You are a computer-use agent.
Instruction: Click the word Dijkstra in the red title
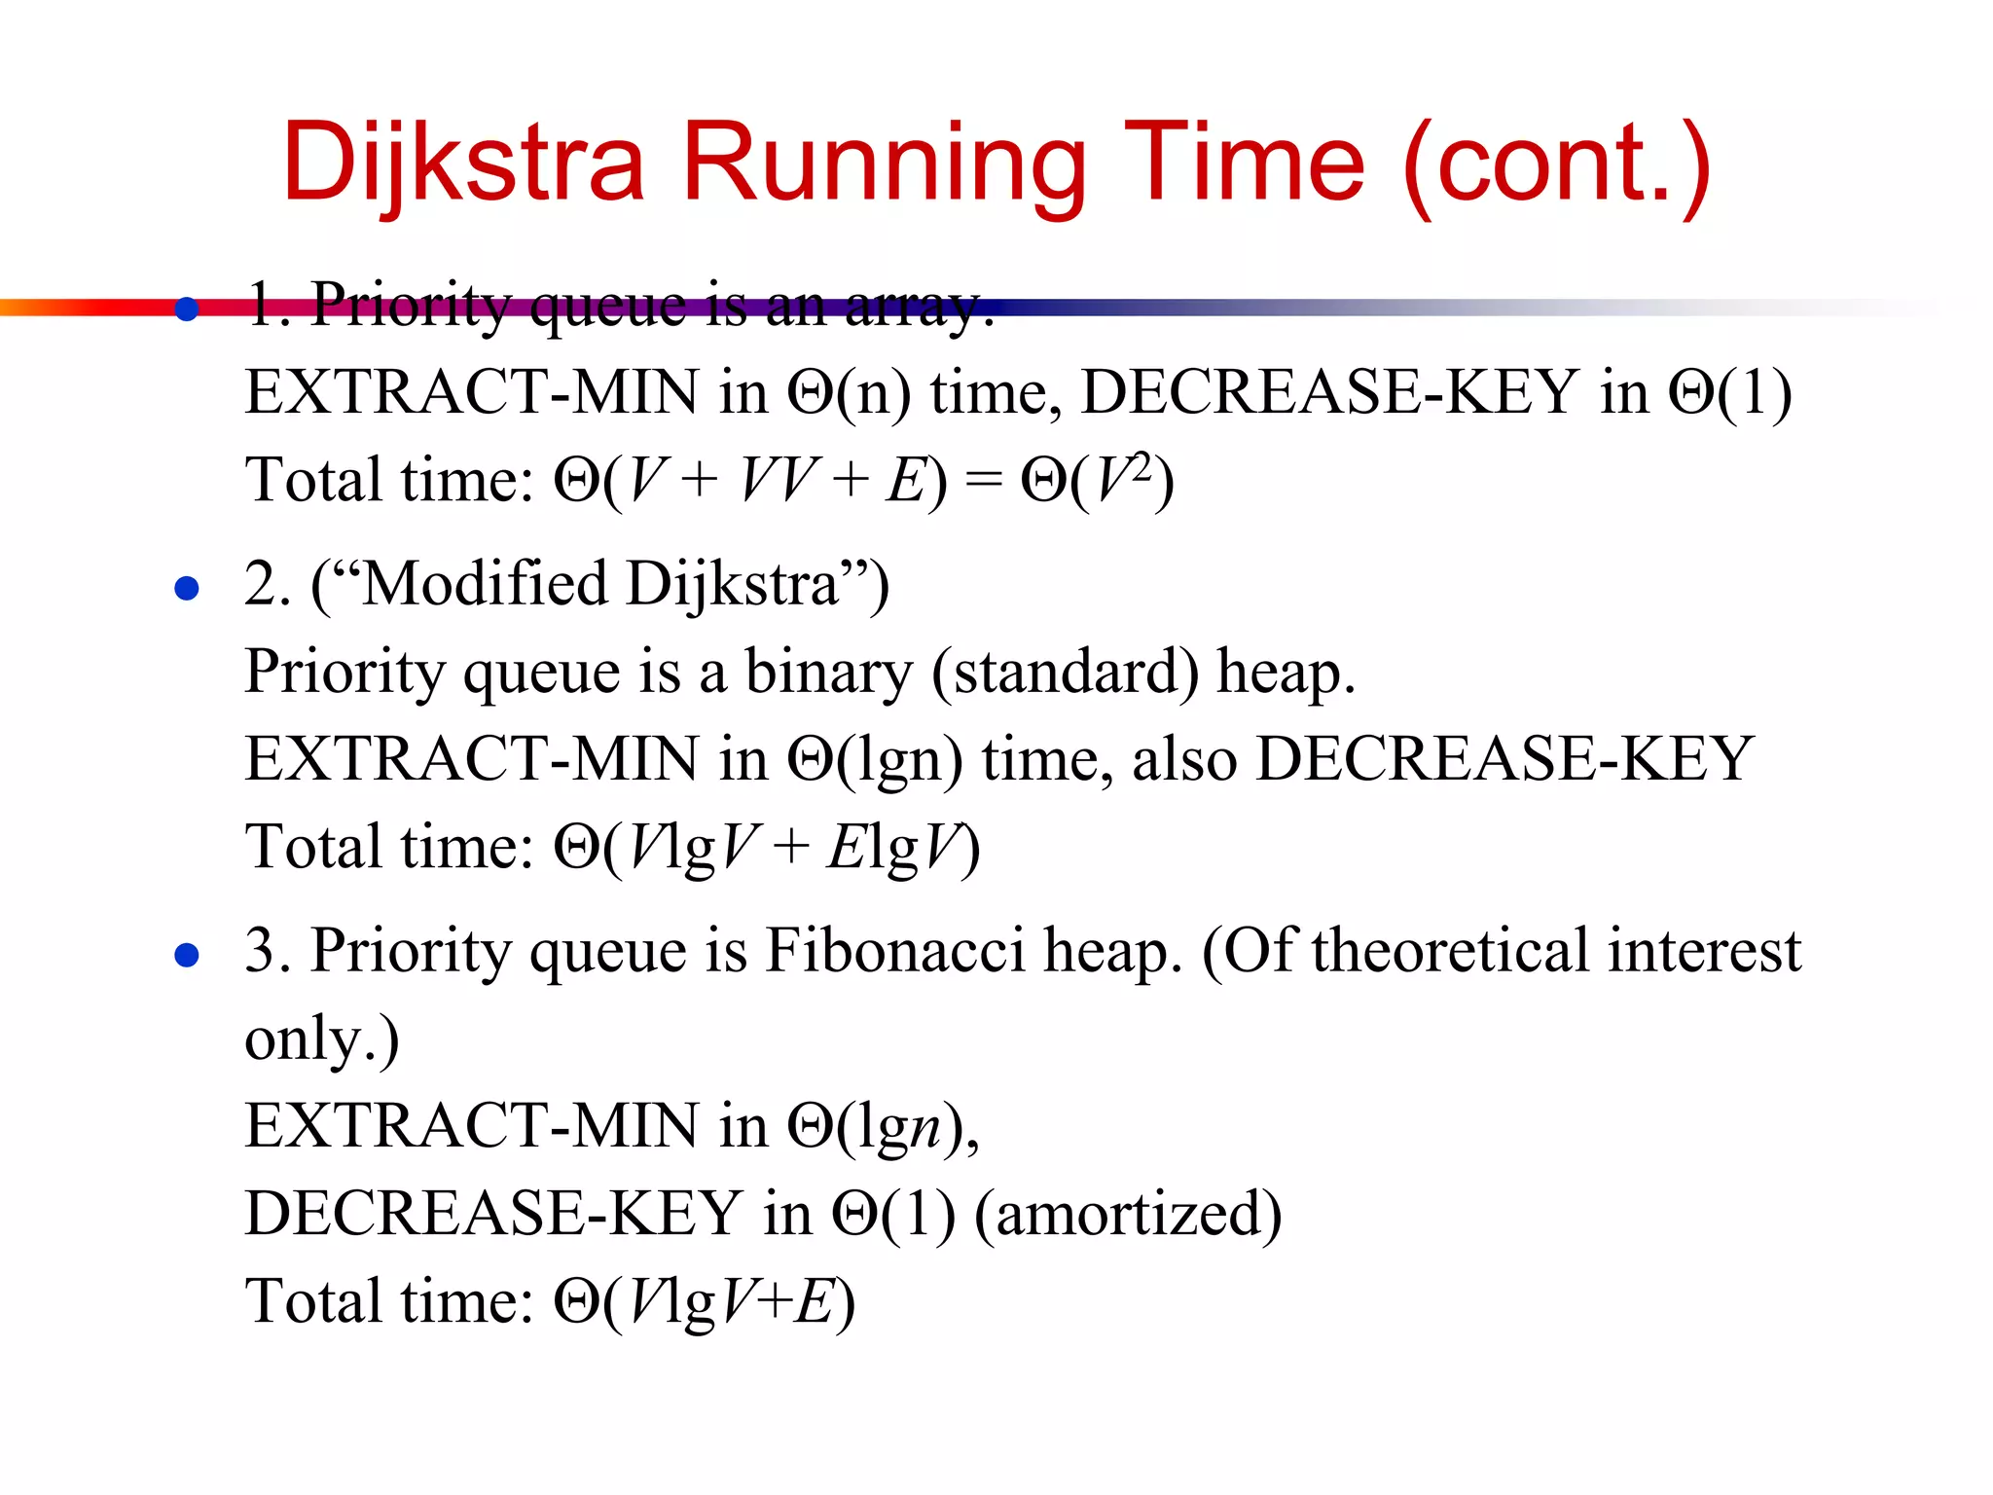pyautogui.click(x=463, y=163)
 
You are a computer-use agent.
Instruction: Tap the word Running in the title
pyautogui.click(x=884, y=163)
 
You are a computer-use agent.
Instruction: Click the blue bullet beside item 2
pyautogui.click(x=187, y=588)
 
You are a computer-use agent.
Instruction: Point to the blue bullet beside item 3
pyautogui.click(x=187, y=955)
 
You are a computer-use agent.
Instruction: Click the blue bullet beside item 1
pyautogui.click(x=187, y=310)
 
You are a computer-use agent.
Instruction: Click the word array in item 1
pyautogui.click(x=919, y=307)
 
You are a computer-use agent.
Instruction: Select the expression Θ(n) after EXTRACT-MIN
pyautogui.click(x=849, y=392)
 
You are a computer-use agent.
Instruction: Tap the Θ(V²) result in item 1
pyautogui.click(x=1097, y=480)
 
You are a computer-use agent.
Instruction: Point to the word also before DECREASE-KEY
pyautogui.click(x=1183, y=759)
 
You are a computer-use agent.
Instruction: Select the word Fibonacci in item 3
pyautogui.click(x=895, y=951)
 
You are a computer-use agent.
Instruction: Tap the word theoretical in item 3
pyautogui.click(x=1451, y=951)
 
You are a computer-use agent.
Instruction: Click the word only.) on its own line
pyautogui.click(x=321, y=1039)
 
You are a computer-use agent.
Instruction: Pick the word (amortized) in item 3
pyautogui.click(x=1128, y=1214)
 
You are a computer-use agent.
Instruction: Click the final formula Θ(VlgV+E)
pyautogui.click(x=705, y=1301)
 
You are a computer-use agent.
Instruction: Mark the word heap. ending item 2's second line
pyautogui.click(x=1286, y=672)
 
